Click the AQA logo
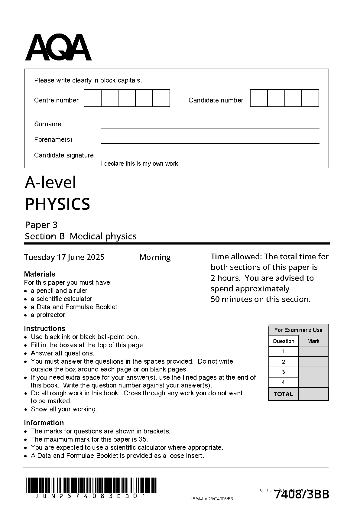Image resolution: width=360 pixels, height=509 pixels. click(x=58, y=47)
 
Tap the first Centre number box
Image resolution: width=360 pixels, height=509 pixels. click(x=92, y=98)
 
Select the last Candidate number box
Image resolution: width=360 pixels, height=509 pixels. click(x=310, y=98)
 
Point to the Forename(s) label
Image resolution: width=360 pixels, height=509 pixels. click(x=53, y=140)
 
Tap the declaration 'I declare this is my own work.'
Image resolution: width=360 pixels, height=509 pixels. click(x=140, y=164)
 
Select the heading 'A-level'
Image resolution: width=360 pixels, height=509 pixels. click(x=50, y=182)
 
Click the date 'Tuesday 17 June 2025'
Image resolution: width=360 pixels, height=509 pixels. click(x=64, y=257)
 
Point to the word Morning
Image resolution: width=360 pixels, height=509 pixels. click(x=155, y=257)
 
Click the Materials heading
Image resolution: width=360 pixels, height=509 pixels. click(x=40, y=274)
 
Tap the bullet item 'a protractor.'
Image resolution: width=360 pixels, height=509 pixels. click(x=49, y=315)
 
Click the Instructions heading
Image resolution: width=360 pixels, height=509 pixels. click(x=44, y=329)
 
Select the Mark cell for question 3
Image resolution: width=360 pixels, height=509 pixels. click(x=313, y=372)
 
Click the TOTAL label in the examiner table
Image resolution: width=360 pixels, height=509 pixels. click(x=283, y=394)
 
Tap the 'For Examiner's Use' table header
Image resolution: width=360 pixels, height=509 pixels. click(x=298, y=330)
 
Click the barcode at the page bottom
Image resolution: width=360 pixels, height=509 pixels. click(x=91, y=485)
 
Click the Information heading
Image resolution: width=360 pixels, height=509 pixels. click(x=44, y=423)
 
